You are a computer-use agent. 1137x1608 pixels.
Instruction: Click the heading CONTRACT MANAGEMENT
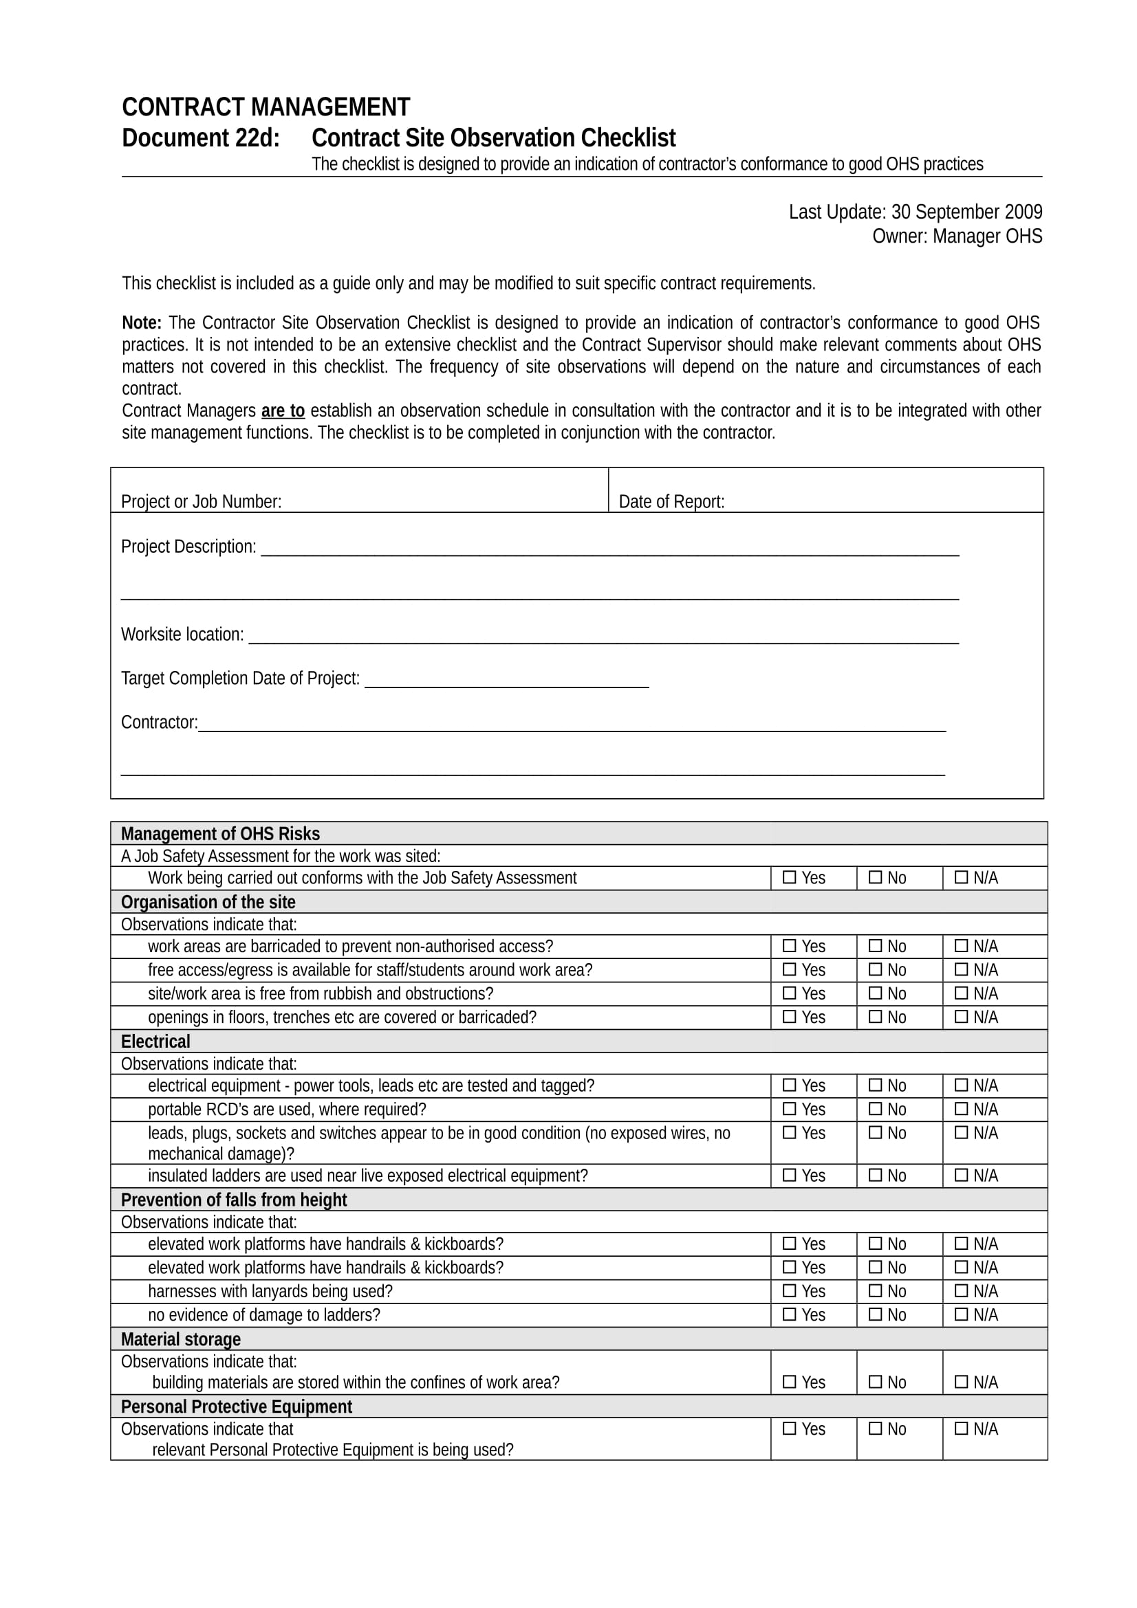tap(266, 107)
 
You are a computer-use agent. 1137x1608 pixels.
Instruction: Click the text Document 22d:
tap(200, 138)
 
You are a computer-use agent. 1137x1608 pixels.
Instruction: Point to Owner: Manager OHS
tap(956, 236)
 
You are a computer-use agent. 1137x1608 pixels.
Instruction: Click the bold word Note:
tap(142, 323)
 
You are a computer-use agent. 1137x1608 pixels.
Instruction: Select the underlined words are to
tap(282, 410)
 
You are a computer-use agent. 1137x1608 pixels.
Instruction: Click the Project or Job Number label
tap(201, 501)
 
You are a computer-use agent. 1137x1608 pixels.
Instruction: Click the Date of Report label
tap(671, 501)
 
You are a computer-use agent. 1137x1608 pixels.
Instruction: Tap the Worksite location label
tap(182, 635)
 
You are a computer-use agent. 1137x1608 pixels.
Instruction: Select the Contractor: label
tap(159, 722)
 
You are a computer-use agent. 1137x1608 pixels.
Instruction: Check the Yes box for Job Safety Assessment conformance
tap(790, 877)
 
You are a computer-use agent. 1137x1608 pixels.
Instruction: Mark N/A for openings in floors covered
tap(961, 1016)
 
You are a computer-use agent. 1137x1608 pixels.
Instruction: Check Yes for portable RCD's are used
tap(790, 1109)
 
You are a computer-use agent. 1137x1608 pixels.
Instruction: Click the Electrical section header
tap(155, 1042)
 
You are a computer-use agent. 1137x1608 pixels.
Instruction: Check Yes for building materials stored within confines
tap(790, 1381)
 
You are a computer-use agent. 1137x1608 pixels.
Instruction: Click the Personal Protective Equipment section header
tap(236, 1407)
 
